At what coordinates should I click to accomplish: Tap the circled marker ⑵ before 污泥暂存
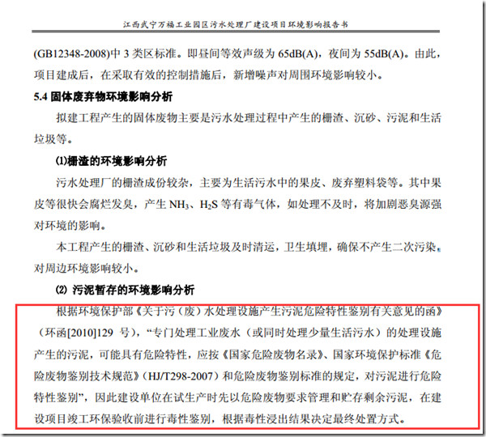(x=62, y=290)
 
